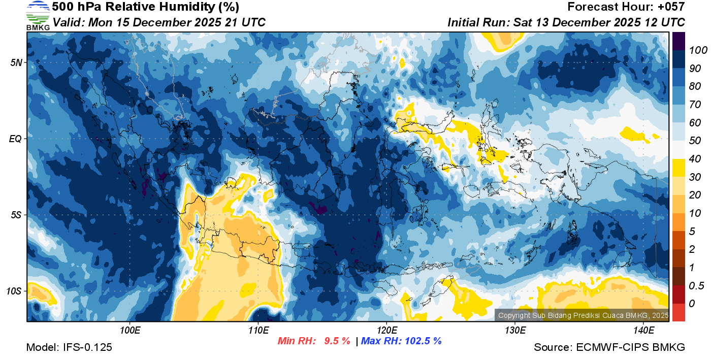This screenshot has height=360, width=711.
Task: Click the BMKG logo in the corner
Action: point(38,16)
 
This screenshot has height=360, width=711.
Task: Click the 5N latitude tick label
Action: point(16,62)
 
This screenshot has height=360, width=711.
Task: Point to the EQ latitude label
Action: point(15,139)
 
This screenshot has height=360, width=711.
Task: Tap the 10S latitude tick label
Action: point(14,291)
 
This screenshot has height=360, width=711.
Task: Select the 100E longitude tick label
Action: point(130,331)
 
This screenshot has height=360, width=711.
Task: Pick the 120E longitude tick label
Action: point(386,331)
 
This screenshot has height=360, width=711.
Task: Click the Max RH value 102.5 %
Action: point(423,341)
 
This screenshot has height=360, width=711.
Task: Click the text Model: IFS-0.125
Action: point(69,347)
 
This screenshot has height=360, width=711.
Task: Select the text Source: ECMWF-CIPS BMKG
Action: point(609,347)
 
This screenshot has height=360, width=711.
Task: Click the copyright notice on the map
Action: point(583,315)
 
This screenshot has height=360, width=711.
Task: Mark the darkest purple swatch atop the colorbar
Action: point(678,41)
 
